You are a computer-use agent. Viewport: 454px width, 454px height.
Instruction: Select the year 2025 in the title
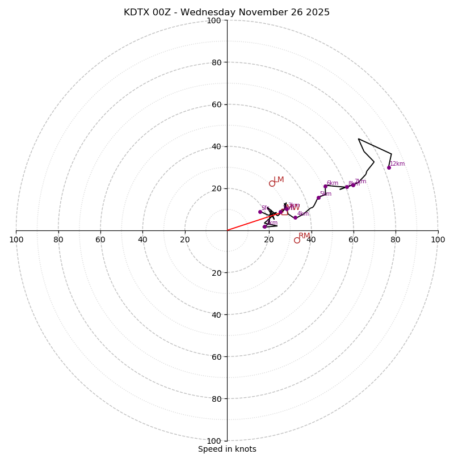coord(317,12)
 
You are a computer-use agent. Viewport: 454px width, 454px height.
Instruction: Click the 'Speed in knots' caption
coord(227,449)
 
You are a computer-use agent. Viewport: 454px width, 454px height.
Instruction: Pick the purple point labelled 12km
coord(389,167)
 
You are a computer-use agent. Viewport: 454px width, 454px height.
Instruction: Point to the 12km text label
coord(397,164)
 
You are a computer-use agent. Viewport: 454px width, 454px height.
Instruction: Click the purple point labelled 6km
coord(325,186)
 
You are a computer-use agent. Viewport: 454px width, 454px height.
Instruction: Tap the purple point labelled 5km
coord(318,197)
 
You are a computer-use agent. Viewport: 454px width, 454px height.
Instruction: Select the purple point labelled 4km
coord(295,217)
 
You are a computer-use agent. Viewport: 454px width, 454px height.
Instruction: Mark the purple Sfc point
coord(260,212)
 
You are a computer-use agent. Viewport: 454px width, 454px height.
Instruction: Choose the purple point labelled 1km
coord(264,226)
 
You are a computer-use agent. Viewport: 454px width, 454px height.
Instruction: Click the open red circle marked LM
coord(272,183)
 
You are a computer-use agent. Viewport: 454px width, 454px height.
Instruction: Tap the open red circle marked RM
coord(297,240)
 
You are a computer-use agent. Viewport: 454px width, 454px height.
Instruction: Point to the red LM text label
coord(279,180)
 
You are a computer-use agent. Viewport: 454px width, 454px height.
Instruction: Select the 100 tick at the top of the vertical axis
coord(214,20)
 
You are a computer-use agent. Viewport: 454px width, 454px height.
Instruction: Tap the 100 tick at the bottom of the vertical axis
coord(214,441)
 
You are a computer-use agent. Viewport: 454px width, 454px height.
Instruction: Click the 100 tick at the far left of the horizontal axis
coord(16,239)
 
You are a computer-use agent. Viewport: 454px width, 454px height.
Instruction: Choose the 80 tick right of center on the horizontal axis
coord(396,239)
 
